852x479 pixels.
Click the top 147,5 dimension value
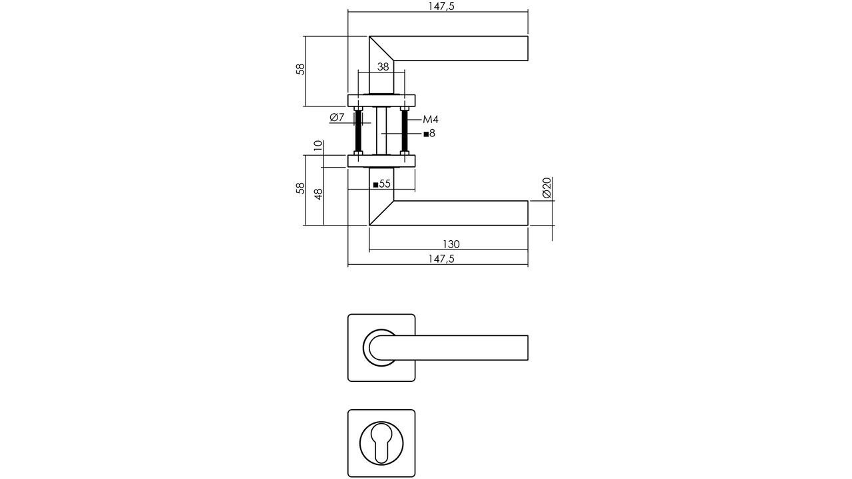tap(437, 6)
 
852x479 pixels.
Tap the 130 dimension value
tap(451, 244)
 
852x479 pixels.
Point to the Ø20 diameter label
tap(547, 188)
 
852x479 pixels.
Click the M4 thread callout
tap(431, 120)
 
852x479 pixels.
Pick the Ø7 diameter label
tap(337, 118)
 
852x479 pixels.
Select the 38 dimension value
tap(383, 67)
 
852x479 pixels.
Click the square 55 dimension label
tap(381, 184)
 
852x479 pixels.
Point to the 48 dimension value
tap(318, 194)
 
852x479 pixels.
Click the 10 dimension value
tap(318, 145)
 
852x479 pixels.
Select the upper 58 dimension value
tap(301, 69)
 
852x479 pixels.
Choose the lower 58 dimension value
tap(301, 188)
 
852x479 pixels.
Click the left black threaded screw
tap(358, 131)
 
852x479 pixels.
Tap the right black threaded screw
tap(404, 131)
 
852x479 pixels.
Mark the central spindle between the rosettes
tap(381, 131)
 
